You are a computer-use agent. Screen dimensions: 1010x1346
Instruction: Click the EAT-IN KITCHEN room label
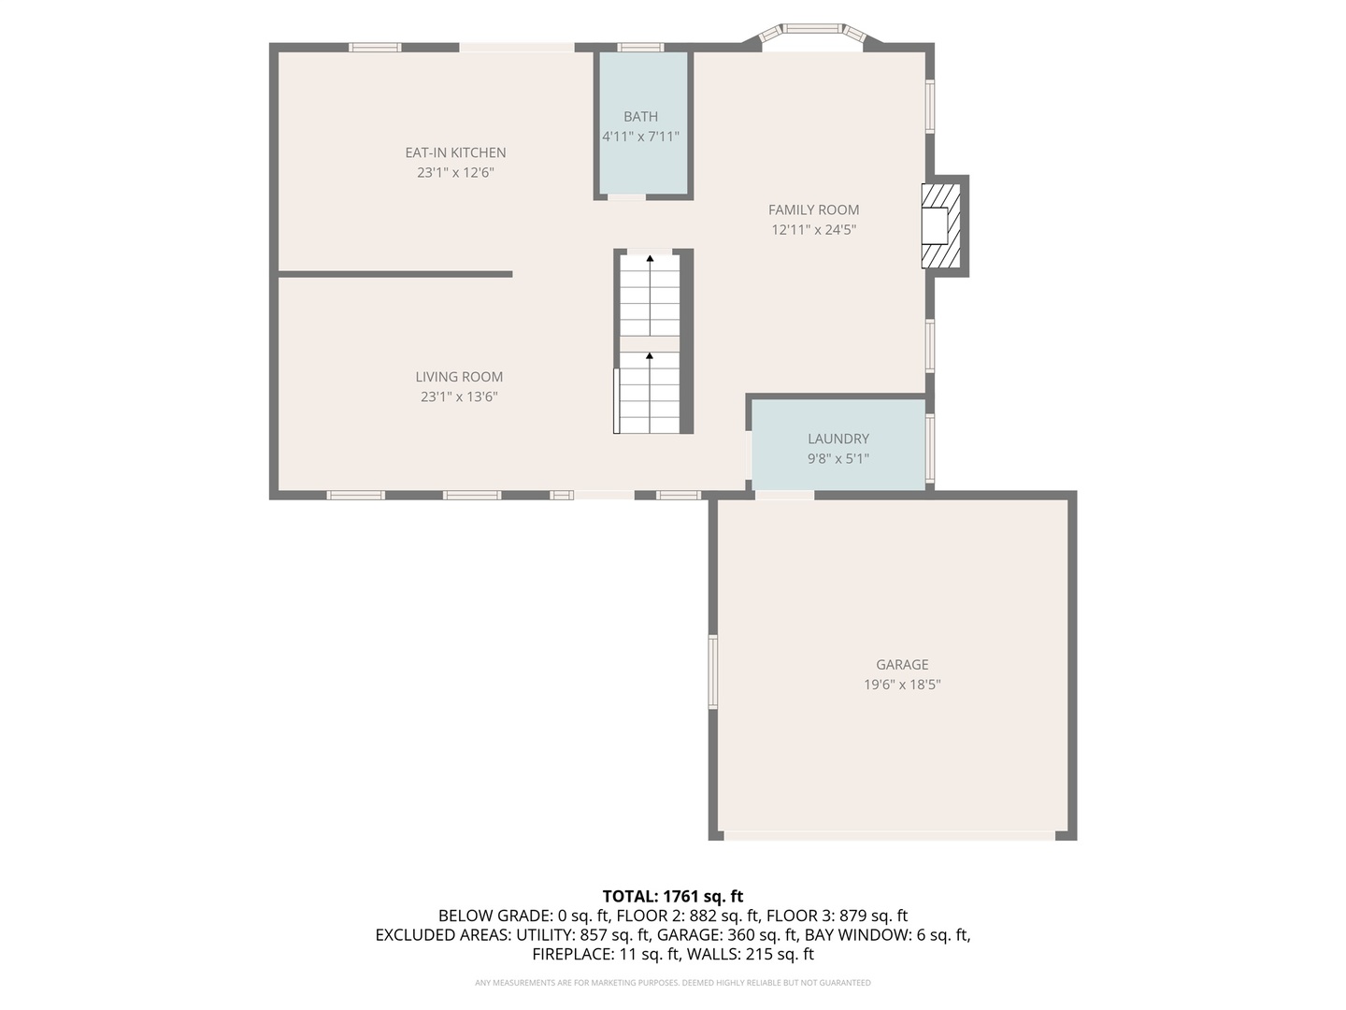pyautogui.click(x=455, y=152)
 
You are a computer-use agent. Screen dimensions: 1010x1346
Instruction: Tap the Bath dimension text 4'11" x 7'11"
pyautogui.click(x=640, y=137)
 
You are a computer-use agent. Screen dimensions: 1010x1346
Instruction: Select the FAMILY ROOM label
pyautogui.click(x=813, y=209)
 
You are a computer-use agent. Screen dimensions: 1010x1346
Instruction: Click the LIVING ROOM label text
pyautogui.click(x=459, y=377)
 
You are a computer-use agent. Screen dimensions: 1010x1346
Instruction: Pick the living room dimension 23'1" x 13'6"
pyautogui.click(x=459, y=397)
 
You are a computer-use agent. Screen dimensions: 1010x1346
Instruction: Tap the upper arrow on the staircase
pyautogui.click(x=650, y=258)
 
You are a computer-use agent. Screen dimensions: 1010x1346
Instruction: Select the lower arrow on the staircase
pyautogui.click(x=650, y=356)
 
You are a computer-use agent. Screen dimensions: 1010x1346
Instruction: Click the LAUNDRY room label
pyautogui.click(x=838, y=439)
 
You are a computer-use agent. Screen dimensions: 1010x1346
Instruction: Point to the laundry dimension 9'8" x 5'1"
pyautogui.click(x=838, y=458)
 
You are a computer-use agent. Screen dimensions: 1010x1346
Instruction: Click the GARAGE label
pyautogui.click(x=902, y=665)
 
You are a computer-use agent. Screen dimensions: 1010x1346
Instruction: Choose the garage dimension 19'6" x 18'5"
pyautogui.click(x=902, y=685)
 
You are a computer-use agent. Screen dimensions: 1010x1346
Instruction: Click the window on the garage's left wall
pyautogui.click(x=713, y=671)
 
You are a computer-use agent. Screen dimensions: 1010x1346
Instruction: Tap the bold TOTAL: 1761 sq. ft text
pyautogui.click(x=673, y=897)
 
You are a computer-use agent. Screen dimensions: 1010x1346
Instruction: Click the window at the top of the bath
pyautogui.click(x=640, y=47)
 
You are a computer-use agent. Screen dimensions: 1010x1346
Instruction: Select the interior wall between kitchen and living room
pyautogui.click(x=395, y=274)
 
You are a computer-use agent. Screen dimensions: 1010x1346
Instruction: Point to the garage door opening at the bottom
pyautogui.click(x=889, y=835)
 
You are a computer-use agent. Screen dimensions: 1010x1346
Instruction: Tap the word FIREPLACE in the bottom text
pyautogui.click(x=572, y=954)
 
